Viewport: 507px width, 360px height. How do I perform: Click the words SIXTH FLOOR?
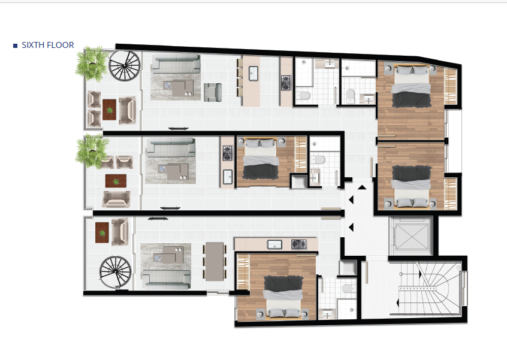(x=47, y=46)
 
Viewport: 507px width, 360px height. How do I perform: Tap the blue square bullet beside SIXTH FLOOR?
(x=15, y=46)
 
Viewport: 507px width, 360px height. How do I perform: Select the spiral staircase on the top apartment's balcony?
(x=124, y=66)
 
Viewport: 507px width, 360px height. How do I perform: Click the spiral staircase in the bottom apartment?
(x=116, y=272)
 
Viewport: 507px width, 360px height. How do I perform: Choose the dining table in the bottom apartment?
(x=215, y=261)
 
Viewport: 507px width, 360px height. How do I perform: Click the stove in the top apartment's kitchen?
(x=286, y=83)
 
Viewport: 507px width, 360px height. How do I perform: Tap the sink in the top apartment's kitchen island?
(x=253, y=73)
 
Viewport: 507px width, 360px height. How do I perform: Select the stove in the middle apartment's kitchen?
(x=228, y=153)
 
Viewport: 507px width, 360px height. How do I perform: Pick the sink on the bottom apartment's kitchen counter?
(x=274, y=244)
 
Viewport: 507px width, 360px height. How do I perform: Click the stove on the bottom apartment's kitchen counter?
(x=298, y=244)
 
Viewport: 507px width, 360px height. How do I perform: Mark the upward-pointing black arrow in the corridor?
(x=362, y=187)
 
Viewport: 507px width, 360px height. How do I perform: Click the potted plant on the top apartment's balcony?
(x=92, y=63)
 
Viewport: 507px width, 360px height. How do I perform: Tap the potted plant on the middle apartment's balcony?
(x=92, y=151)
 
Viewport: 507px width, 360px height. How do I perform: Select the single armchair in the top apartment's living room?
(x=213, y=92)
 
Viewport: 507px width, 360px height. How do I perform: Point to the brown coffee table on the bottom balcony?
(x=102, y=232)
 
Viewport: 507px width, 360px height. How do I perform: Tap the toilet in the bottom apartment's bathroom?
(x=349, y=289)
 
